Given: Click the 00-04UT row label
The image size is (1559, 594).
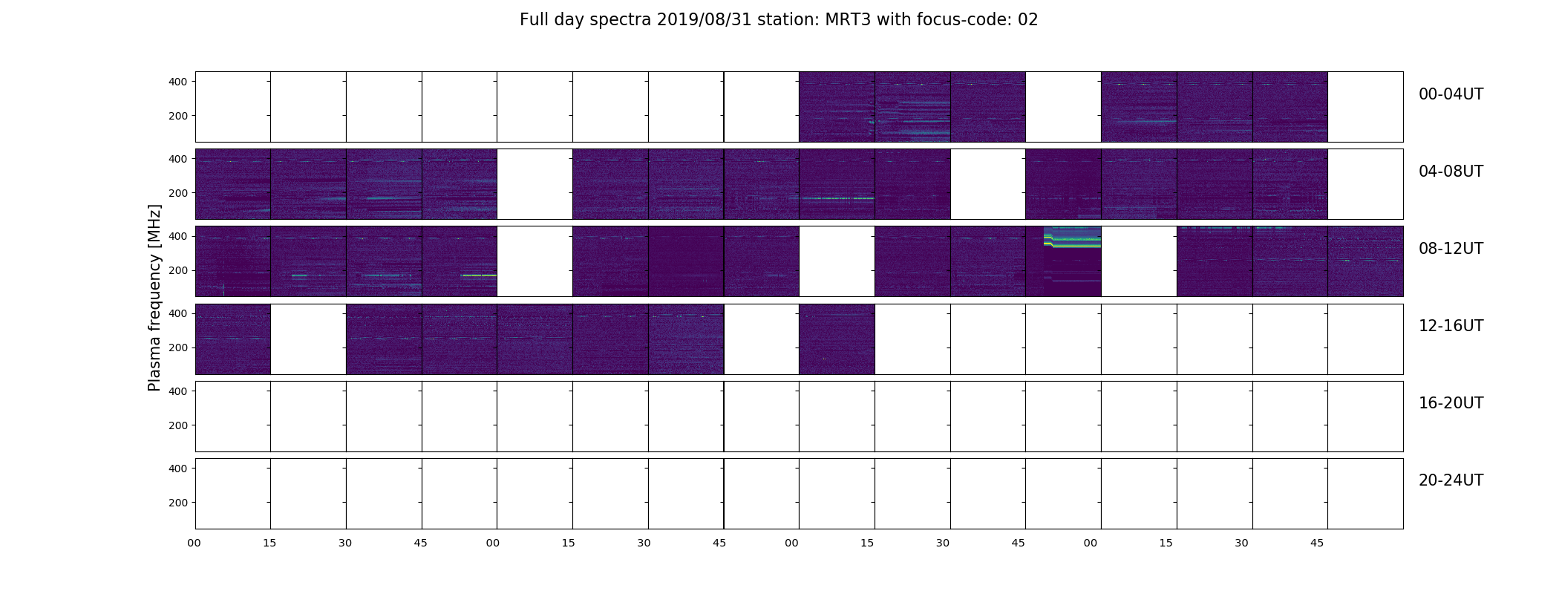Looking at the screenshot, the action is click(x=1451, y=94).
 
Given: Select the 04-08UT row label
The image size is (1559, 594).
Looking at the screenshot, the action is click(x=1451, y=172).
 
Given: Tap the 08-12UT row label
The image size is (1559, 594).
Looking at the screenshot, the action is click(x=1451, y=249).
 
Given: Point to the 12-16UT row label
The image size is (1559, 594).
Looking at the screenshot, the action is click(x=1451, y=326).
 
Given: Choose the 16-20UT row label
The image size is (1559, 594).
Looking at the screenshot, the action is click(x=1451, y=403).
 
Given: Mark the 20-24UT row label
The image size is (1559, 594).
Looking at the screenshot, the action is click(x=1451, y=480).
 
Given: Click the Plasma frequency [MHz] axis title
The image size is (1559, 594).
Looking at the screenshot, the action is click(x=154, y=298).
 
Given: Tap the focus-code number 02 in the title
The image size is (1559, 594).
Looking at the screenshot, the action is click(x=1027, y=20).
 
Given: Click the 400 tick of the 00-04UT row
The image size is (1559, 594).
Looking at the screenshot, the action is click(x=178, y=82).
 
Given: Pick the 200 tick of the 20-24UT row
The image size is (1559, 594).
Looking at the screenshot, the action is click(x=178, y=503).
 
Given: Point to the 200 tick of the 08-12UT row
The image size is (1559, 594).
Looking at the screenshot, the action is click(x=178, y=270).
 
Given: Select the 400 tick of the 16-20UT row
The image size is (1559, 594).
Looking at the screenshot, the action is click(x=178, y=391).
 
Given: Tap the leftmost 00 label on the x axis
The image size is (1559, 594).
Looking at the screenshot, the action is click(x=195, y=544).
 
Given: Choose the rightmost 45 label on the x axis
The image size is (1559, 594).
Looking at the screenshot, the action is click(x=1317, y=544).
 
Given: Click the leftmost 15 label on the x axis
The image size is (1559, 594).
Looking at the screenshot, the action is click(x=269, y=544).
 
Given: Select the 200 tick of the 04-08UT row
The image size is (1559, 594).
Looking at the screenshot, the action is click(x=178, y=193).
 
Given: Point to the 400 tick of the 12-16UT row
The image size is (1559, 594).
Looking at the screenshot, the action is click(x=178, y=314).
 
